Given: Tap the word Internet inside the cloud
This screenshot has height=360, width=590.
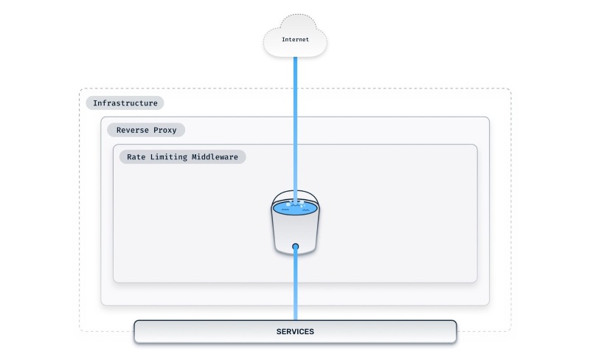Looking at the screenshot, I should pyautogui.click(x=295, y=39).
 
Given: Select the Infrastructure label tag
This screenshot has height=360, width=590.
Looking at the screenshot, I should pyautogui.click(x=125, y=103).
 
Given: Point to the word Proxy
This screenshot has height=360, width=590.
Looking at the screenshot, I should pyautogui.click(x=166, y=130).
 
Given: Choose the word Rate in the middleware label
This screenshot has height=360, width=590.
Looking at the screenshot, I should pyautogui.click(x=138, y=157).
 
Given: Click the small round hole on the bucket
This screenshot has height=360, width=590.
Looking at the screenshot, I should pyautogui.click(x=295, y=246).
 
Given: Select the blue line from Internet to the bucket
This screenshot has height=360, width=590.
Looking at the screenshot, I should pyautogui.click(x=295, y=125).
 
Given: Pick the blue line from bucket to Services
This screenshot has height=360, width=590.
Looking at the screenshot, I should pyautogui.click(x=295, y=288).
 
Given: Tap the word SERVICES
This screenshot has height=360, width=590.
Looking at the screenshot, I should pyautogui.click(x=295, y=332).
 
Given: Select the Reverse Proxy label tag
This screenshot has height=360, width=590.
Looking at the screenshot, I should pyautogui.click(x=146, y=130).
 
